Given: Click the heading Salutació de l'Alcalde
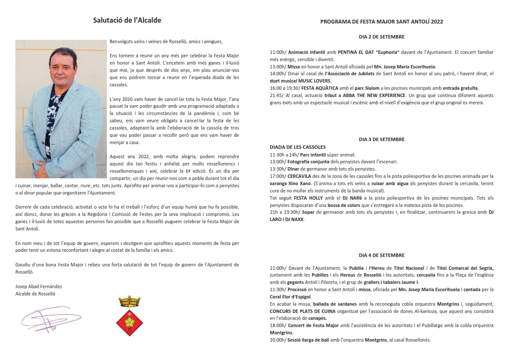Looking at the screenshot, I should coord(127,20).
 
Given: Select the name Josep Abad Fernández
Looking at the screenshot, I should coord(38,286).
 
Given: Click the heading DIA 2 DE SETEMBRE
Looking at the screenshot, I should coord(382,37).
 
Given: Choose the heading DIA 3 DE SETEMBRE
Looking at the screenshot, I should coord(382,139).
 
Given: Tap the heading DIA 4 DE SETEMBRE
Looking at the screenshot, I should coord(382,255).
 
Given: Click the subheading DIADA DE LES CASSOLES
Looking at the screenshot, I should coord(297,147).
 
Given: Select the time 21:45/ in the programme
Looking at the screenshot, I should coord(276,95).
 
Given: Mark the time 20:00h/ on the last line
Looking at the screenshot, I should coord(278,340).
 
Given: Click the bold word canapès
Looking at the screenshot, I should coord(317,318).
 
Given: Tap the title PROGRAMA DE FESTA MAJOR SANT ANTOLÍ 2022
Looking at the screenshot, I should coord(382,21).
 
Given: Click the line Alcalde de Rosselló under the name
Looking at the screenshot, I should coord(35,294).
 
